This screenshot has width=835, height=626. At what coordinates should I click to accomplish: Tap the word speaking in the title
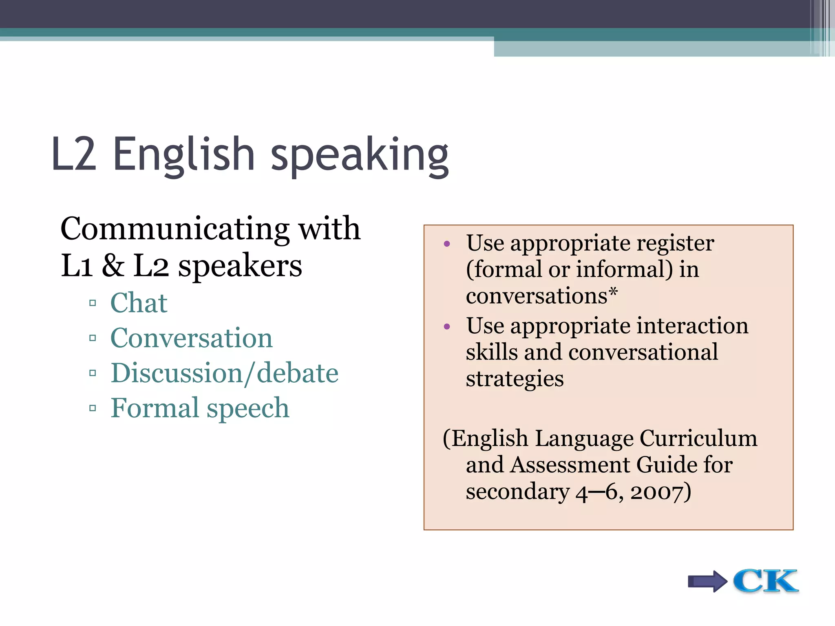360,156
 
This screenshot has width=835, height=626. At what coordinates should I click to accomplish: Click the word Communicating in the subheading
175,229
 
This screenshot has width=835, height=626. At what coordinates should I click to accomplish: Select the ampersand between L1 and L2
113,266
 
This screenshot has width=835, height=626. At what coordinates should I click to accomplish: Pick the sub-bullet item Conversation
191,338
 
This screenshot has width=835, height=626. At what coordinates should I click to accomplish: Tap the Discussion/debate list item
224,373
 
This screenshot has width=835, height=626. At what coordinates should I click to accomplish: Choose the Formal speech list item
200,408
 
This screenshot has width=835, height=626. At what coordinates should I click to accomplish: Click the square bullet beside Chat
93,303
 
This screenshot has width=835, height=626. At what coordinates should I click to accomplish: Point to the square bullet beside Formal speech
93,408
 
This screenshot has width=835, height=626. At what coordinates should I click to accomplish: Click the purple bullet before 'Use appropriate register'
447,244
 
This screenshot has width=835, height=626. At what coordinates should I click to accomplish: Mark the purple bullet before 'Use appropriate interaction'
447,326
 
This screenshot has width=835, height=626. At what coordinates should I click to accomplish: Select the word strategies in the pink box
515,379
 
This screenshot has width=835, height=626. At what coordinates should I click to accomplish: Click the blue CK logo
765,581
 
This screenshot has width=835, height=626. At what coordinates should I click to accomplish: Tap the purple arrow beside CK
707,581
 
